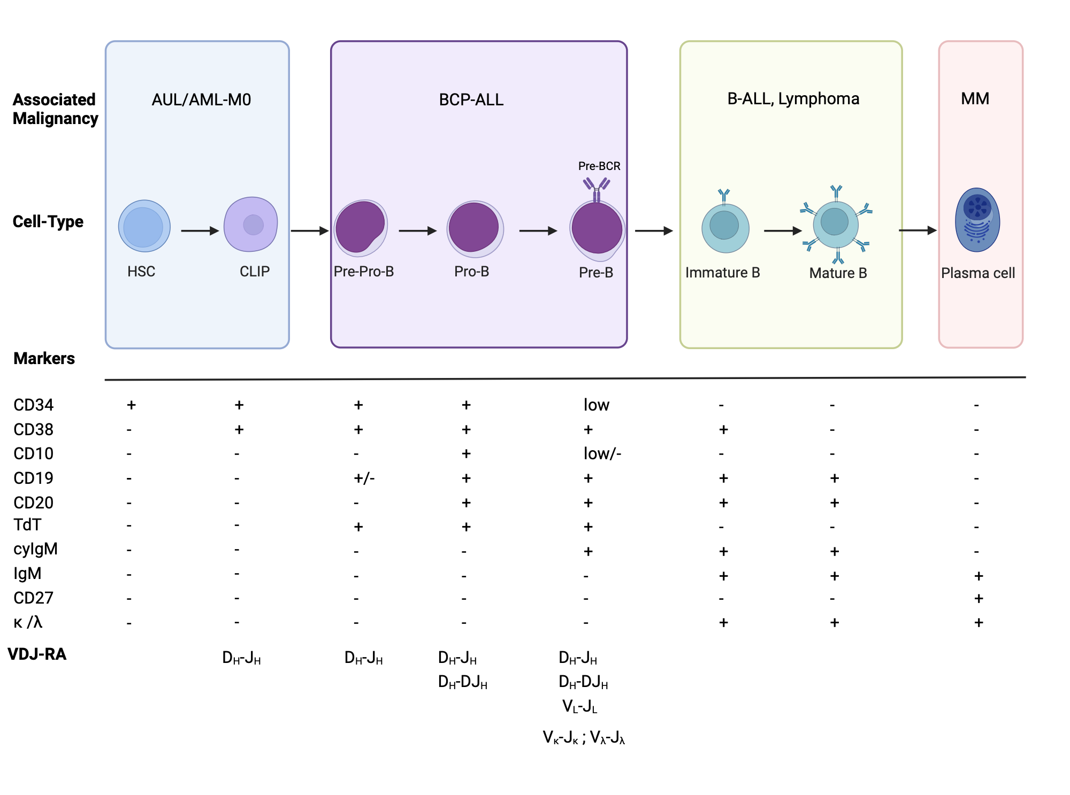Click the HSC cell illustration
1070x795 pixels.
(144, 226)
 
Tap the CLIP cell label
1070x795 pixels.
(254, 272)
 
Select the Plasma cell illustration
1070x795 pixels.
(977, 220)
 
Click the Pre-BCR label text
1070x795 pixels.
(599, 166)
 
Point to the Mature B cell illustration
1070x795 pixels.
(835, 225)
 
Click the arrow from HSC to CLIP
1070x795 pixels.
(200, 231)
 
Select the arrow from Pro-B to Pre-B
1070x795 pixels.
(538, 231)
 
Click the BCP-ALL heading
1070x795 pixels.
(471, 100)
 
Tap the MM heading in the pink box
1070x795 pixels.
(975, 99)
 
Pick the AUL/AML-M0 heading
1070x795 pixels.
(201, 100)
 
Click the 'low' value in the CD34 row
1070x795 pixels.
(596, 405)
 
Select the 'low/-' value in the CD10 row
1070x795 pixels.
(602, 454)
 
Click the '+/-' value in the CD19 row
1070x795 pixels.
(364, 478)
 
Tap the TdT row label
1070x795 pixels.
(27, 525)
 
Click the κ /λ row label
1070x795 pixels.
(28, 622)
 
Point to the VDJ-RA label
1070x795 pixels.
(37, 654)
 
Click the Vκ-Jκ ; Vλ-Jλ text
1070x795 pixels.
(584, 737)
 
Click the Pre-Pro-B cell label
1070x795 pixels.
(363, 272)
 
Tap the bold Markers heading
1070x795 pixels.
(44, 358)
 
